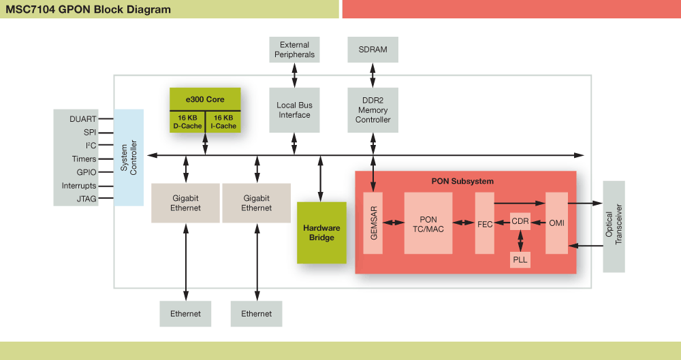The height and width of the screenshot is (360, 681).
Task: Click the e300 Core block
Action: click(x=205, y=99)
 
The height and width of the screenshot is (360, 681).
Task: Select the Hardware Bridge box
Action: click(x=321, y=233)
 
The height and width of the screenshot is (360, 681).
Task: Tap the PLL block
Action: click(x=520, y=259)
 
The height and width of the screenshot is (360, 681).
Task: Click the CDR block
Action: click(x=520, y=222)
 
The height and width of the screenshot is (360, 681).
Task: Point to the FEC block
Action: click(x=485, y=223)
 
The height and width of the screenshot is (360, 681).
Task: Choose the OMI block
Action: click(x=556, y=223)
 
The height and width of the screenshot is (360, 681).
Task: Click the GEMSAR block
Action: click(x=373, y=223)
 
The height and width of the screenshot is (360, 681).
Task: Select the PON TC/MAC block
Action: click(x=428, y=223)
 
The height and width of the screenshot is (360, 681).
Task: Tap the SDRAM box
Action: click(x=373, y=50)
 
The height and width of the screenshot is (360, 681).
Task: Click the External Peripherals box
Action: click(x=294, y=50)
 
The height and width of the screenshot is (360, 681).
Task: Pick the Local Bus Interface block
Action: click(x=294, y=110)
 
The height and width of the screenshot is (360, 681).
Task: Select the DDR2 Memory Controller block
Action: click(x=373, y=110)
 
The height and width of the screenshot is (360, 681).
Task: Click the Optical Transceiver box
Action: click(x=614, y=227)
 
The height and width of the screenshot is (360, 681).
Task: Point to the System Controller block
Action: click(x=129, y=157)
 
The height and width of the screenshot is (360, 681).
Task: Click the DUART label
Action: click(x=82, y=119)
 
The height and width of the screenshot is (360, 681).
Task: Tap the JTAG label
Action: click(x=86, y=199)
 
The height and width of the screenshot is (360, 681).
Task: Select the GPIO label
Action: click(x=86, y=172)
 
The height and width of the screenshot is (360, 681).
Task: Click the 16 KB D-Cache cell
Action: click(x=187, y=122)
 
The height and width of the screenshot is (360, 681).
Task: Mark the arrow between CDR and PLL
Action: click(x=520, y=240)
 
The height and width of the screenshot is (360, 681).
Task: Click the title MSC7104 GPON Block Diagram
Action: click(x=89, y=10)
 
